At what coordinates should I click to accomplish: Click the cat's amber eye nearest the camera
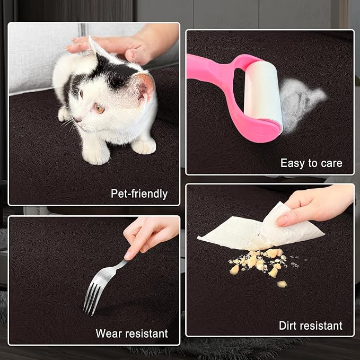[x=100, y=108]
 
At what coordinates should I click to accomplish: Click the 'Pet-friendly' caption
[x=139, y=194]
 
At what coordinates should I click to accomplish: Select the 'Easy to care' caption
[x=311, y=163]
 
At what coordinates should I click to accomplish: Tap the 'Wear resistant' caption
[x=131, y=333]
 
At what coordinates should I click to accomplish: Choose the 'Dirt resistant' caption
[x=311, y=326]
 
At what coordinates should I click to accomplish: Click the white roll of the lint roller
[x=263, y=92]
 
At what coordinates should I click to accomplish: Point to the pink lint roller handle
[x=221, y=92]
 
